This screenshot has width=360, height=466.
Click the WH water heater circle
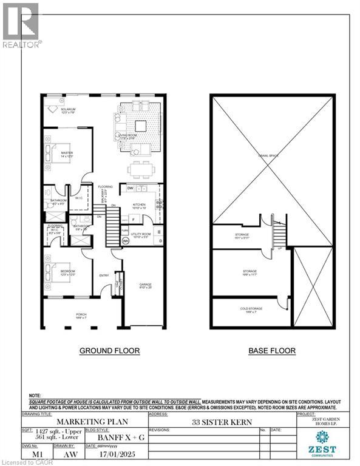(126, 241)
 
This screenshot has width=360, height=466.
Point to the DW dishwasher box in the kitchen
(130, 189)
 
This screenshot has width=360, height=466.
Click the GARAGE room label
(145, 285)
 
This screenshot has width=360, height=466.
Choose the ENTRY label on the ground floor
(104, 276)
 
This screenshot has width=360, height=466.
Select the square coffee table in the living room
(141, 126)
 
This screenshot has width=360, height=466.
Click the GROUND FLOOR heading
(110, 351)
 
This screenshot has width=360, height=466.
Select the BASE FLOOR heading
(272, 351)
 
